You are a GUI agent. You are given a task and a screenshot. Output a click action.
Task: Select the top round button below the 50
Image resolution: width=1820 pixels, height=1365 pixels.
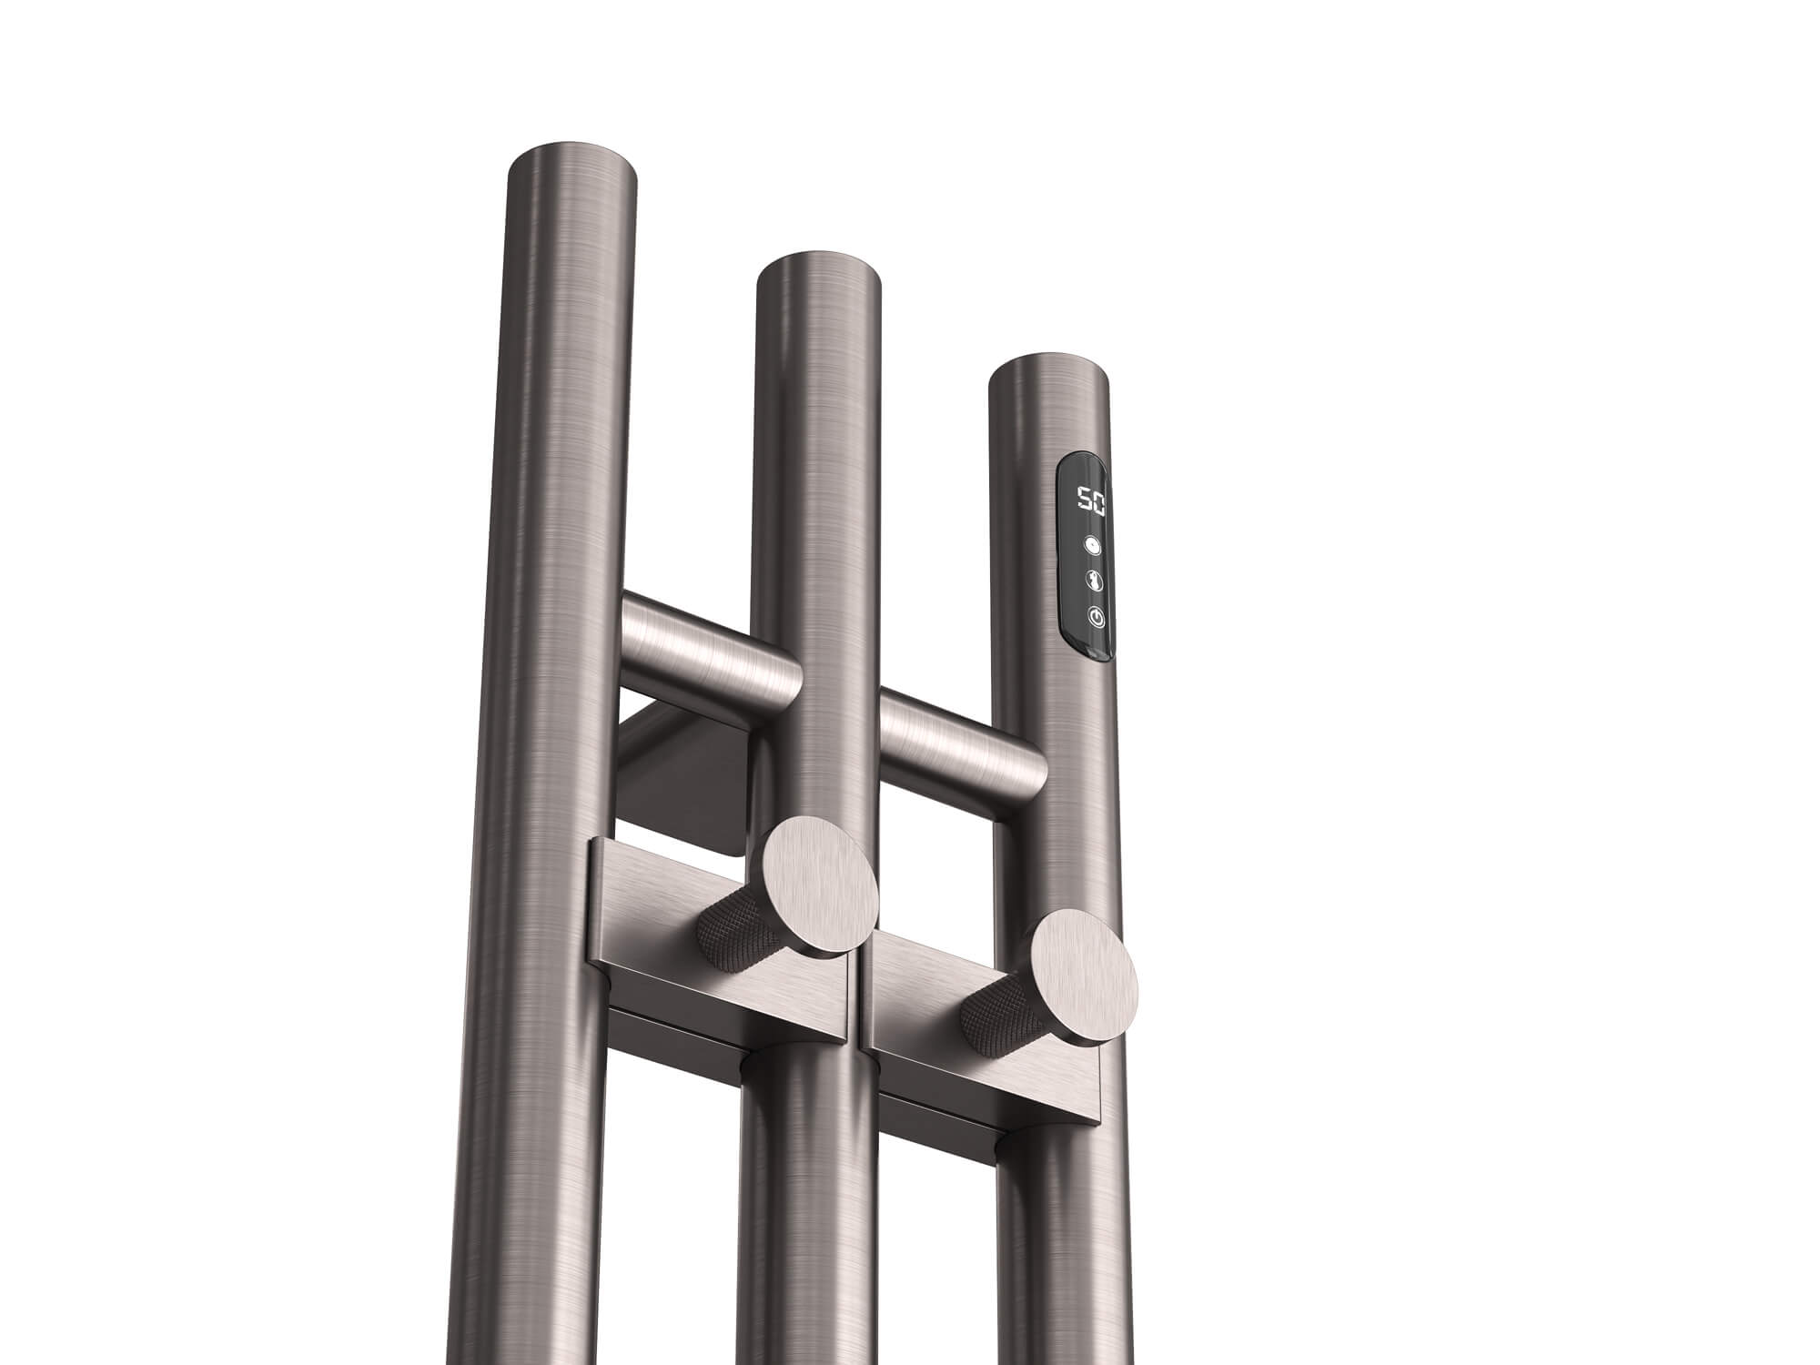pos(1092,546)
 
